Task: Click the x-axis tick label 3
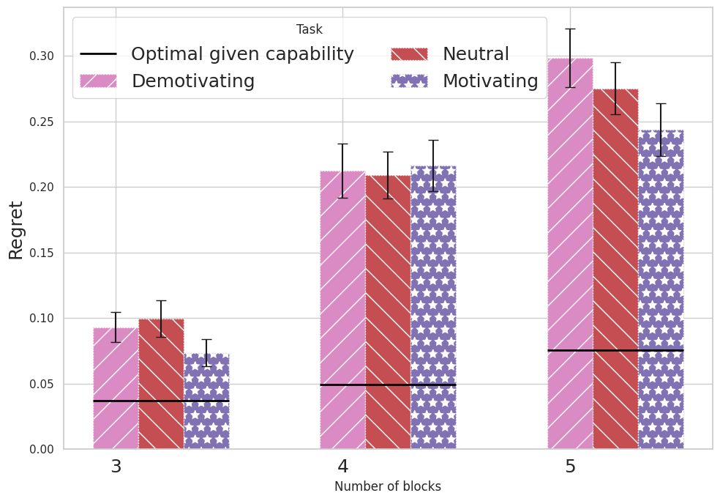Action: (116, 467)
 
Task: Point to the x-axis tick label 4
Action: (342, 467)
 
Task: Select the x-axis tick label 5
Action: (570, 467)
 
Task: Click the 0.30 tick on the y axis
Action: (42, 56)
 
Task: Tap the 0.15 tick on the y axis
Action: (42, 253)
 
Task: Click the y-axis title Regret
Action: (16, 229)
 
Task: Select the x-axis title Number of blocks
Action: (388, 486)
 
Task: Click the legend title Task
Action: (309, 30)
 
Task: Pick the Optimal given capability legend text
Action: (242, 54)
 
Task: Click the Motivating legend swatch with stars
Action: (410, 81)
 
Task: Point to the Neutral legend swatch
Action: (410, 54)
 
